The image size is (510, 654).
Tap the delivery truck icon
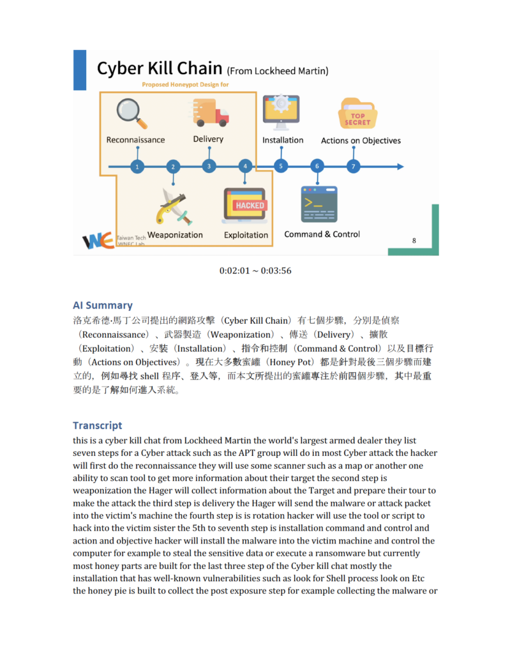tap(210, 112)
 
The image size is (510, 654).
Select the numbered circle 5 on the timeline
tap(281, 167)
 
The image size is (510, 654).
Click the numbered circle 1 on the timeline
tap(137, 167)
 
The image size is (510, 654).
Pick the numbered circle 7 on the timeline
tap(353, 167)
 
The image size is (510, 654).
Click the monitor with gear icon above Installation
tap(281, 110)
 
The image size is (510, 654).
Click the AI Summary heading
tap(102, 305)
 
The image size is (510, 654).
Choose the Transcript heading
tap(97, 425)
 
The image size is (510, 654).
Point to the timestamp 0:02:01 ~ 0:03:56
tap(255, 271)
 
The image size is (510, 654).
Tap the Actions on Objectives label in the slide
tap(361, 141)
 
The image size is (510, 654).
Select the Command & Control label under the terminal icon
tap(322, 234)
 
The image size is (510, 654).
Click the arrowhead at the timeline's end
tap(400, 167)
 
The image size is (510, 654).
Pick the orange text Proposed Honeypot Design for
tap(185, 84)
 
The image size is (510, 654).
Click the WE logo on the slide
tap(98, 240)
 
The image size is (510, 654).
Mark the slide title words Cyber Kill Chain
tap(160, 68)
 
